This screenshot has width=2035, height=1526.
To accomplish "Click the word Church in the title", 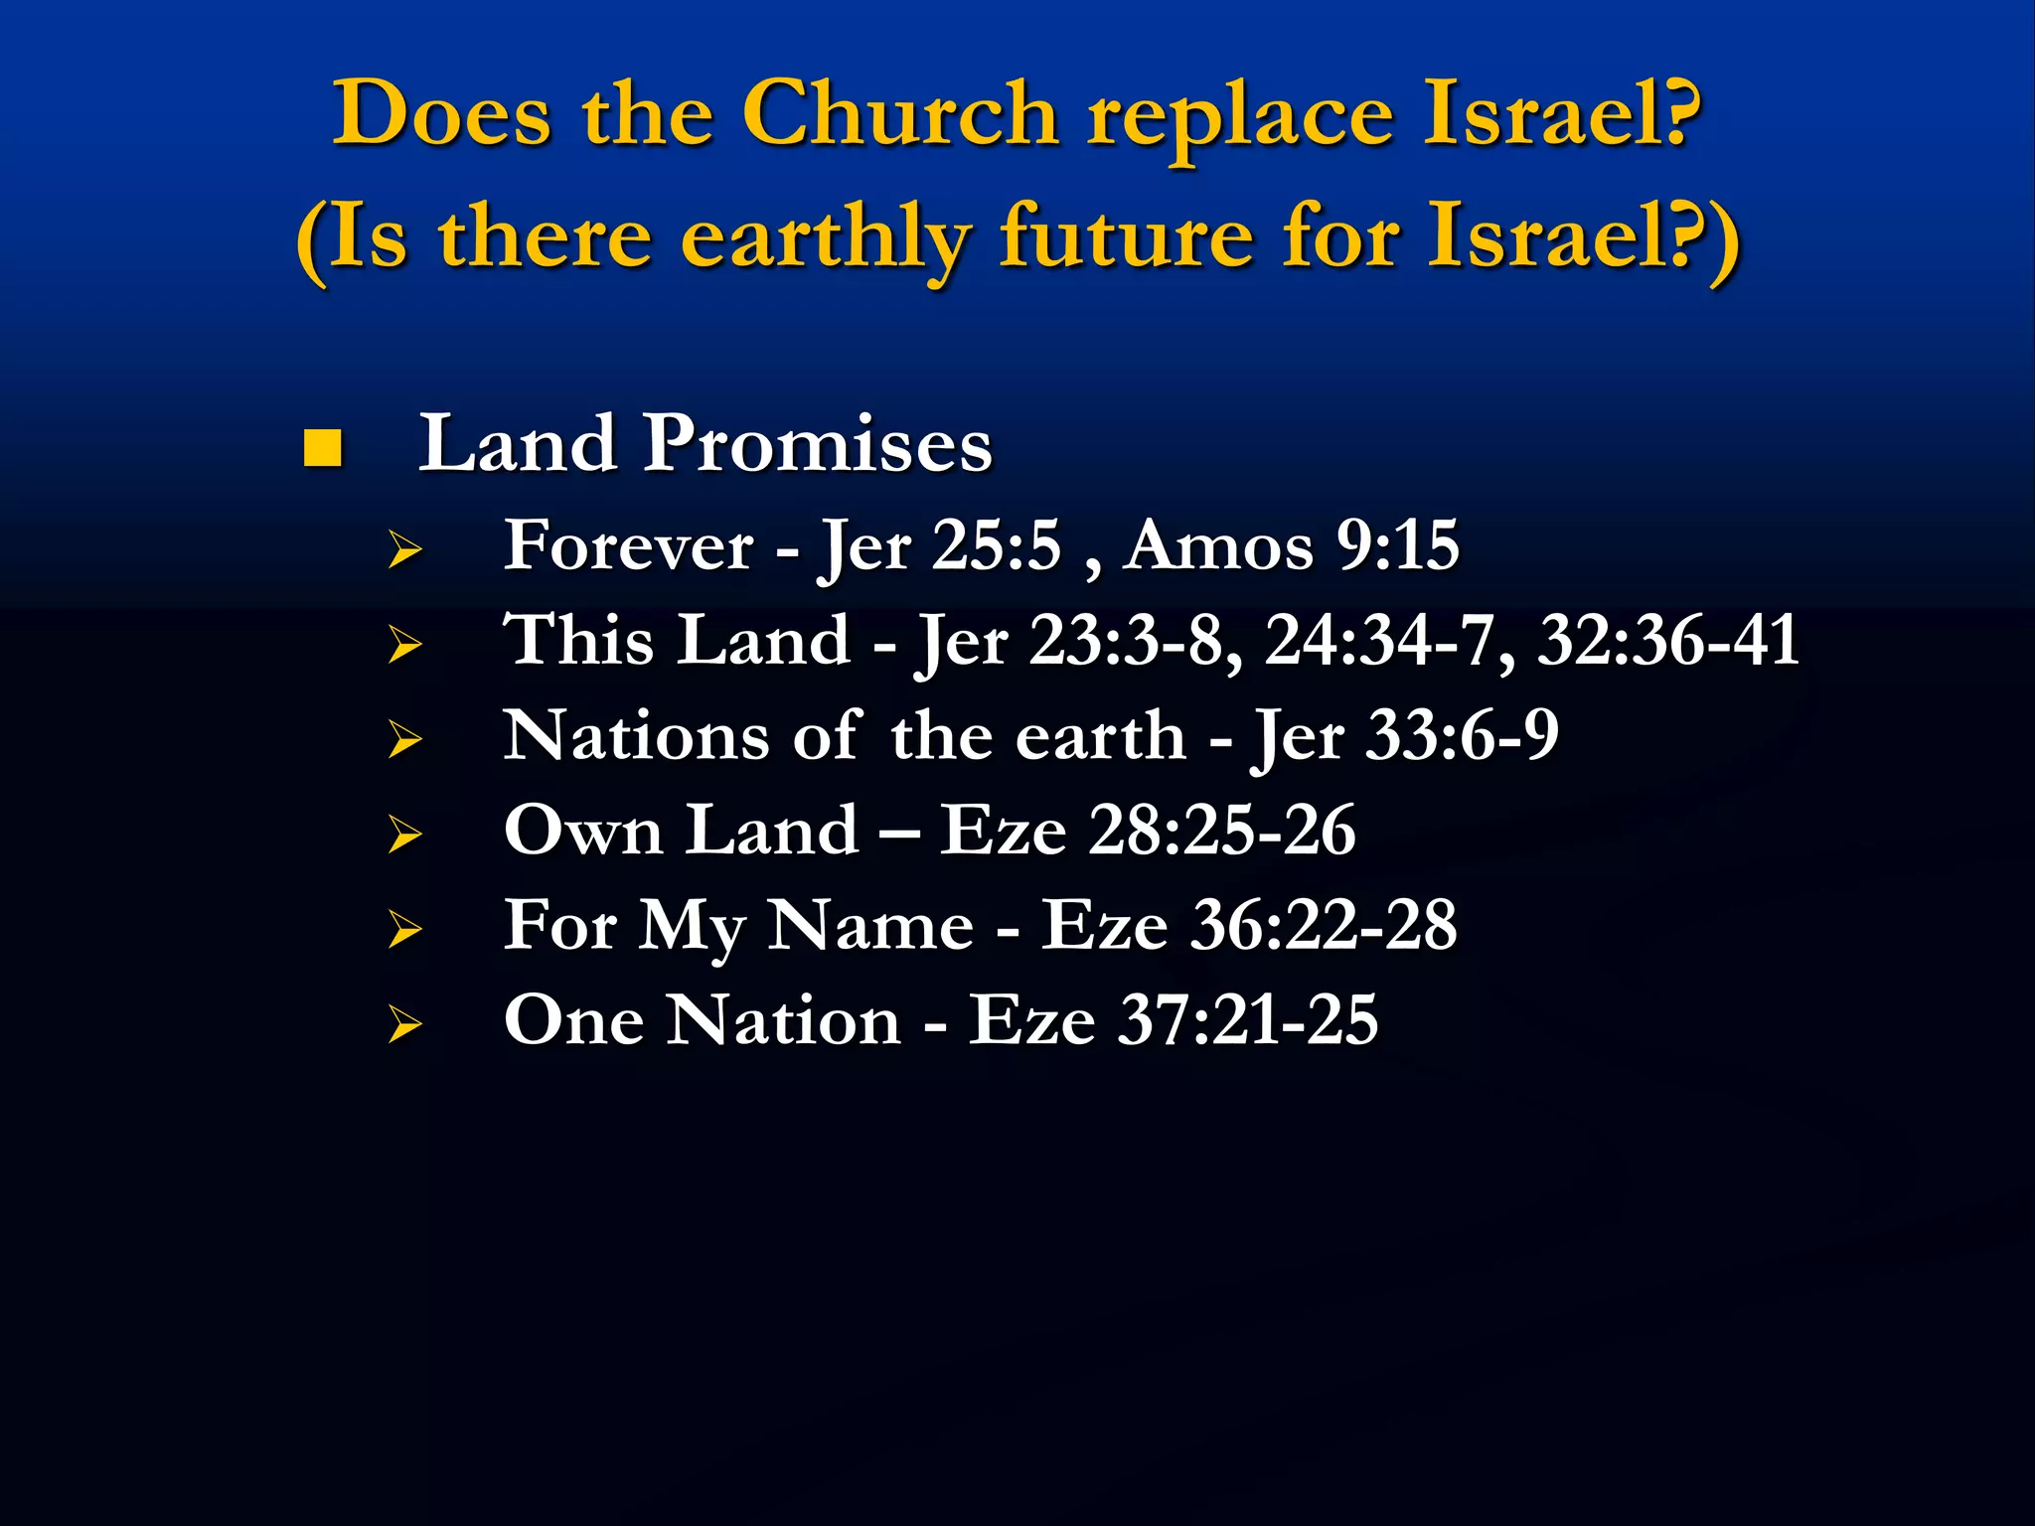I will pos(899,114).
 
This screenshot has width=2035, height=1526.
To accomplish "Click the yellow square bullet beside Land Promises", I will pos(323,448).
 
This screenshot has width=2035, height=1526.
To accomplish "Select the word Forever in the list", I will pos(628,545).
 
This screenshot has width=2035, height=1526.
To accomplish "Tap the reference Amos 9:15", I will pos(1291,545).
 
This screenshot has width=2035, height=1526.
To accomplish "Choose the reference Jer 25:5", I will pos(939,546).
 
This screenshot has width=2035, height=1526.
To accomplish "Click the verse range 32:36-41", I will pos(1668,640).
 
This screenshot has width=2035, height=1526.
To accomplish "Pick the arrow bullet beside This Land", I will pos(405,645).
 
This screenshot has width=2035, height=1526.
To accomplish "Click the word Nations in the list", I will pos(636,736).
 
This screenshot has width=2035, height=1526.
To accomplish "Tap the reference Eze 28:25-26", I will pos(1148,831).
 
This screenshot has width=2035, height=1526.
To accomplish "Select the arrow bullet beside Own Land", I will pos(405,834).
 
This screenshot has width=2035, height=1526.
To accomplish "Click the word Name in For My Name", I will pos(871,926).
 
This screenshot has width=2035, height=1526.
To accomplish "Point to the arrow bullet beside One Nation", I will pos(405,1024).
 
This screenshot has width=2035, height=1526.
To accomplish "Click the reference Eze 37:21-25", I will pos(1174,1020).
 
